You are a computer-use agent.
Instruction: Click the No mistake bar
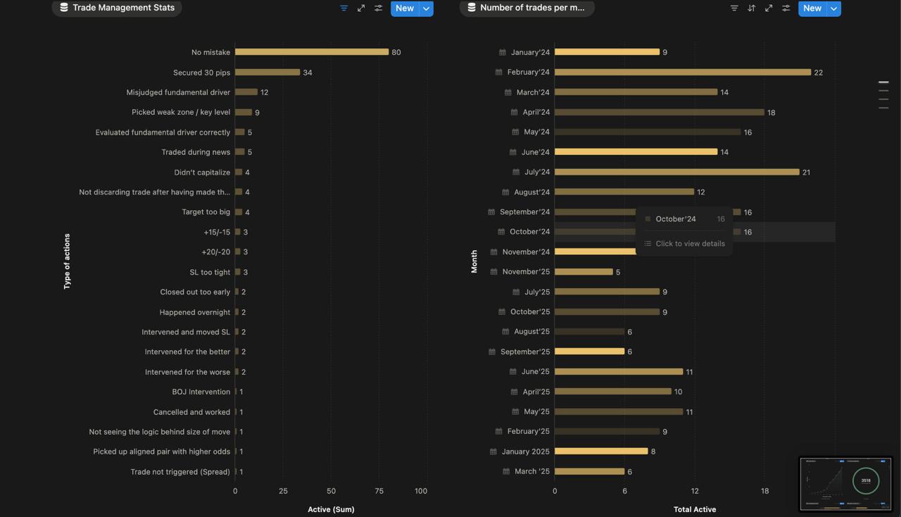312,52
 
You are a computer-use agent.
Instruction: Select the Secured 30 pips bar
267,73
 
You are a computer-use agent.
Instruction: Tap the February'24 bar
683,72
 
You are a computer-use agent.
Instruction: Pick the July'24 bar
677,172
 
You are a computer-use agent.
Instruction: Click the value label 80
396,52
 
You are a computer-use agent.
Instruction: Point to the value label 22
818,73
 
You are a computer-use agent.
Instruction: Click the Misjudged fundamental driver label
178,92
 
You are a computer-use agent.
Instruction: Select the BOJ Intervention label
201,392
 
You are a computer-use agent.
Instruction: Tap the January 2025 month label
525,451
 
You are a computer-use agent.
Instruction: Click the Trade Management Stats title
123,8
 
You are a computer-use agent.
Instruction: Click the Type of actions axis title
67,261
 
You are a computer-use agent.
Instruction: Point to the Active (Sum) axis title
331,509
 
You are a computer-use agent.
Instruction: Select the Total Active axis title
694,509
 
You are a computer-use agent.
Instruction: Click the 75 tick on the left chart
379,491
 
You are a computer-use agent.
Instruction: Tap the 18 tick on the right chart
764,491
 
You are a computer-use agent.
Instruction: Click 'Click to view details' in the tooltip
690,244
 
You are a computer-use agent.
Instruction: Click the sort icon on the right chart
751,8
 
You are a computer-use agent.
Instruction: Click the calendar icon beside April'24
515,112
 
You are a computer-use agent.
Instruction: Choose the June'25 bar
619,371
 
